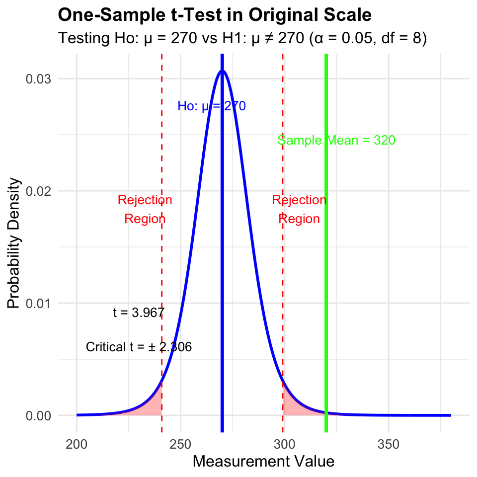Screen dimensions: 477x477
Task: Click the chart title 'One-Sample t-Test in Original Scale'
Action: point(215,14)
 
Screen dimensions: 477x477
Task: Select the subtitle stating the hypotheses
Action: point(242,38)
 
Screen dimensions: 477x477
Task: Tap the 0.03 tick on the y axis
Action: point(38,79)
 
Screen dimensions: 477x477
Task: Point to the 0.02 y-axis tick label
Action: point(38,191)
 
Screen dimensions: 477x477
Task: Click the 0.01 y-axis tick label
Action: point(38,303)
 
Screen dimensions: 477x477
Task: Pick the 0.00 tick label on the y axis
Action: point(38,415)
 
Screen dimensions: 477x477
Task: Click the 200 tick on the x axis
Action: point(77,444)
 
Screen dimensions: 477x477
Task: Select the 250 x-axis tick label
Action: point(181,444)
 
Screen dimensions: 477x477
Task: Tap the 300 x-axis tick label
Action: point(284,444)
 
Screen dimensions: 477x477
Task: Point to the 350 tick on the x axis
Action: point(389,444)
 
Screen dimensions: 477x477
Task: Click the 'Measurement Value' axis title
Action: point(264,462)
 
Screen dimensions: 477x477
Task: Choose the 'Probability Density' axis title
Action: point(14,243)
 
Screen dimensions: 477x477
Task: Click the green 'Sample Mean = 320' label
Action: point(336,140)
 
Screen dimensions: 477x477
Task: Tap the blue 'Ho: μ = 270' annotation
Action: point(212,106)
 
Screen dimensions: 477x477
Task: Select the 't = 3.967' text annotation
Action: point(139,313)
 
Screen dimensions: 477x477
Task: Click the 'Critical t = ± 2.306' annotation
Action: point(139,347)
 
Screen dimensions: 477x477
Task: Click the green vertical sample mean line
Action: point(326,243)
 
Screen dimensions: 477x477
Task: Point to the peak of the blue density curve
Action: point(223,71)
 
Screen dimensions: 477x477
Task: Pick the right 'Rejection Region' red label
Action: point(299,209)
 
